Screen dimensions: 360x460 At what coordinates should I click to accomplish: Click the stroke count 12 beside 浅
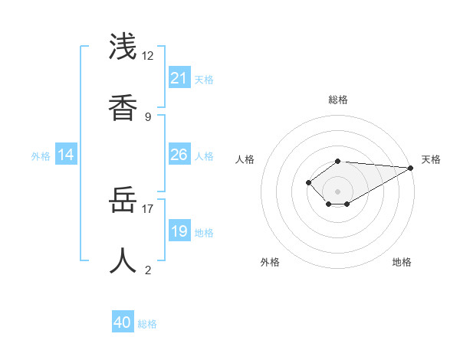[147, 56]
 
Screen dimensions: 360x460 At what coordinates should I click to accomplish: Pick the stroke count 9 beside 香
[147, 116]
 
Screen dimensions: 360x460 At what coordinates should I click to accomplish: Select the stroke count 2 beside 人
[147, 270]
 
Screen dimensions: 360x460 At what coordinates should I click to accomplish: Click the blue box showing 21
[179, 78]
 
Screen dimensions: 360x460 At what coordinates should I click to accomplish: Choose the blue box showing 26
[179, 155]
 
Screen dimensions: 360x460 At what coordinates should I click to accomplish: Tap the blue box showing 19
[179, 231]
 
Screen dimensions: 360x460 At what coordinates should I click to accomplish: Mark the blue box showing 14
[66, 155]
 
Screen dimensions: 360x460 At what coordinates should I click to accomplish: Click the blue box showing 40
[123, 322]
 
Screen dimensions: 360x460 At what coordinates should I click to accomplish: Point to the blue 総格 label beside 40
[147, 324]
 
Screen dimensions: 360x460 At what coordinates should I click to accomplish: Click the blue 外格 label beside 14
[41, 156]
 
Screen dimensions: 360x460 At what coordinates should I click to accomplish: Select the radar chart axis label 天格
[431, 159]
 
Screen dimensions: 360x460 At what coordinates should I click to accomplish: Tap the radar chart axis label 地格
[402, 262]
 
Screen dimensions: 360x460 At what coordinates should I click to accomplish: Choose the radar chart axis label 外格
[270, 262]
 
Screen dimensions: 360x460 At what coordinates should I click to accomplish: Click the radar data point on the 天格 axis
[411, 167]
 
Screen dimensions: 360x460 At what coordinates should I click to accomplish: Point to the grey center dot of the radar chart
[337, 191]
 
